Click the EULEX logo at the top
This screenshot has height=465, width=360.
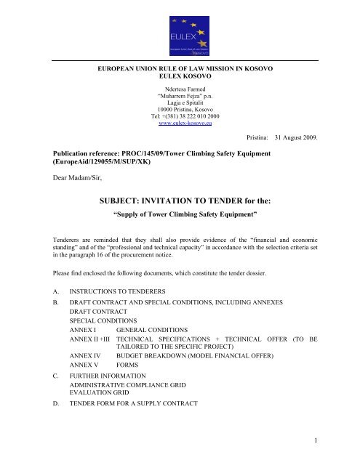[180, 31]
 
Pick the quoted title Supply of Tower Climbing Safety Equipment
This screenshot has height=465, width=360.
[180, 216]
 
